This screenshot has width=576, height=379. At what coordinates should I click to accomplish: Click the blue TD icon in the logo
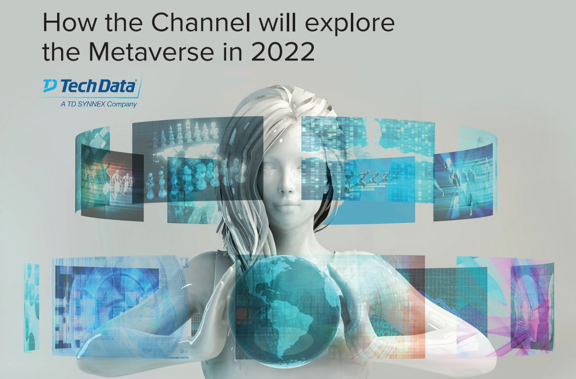[50, 87]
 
